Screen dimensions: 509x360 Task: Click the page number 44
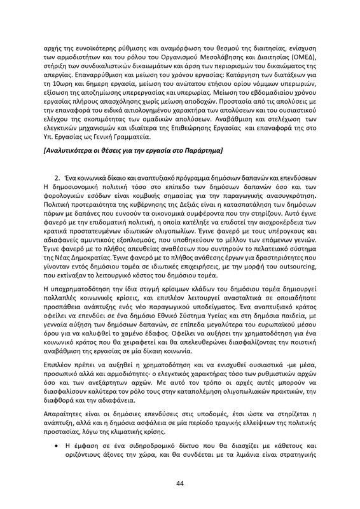click(180, 483)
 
